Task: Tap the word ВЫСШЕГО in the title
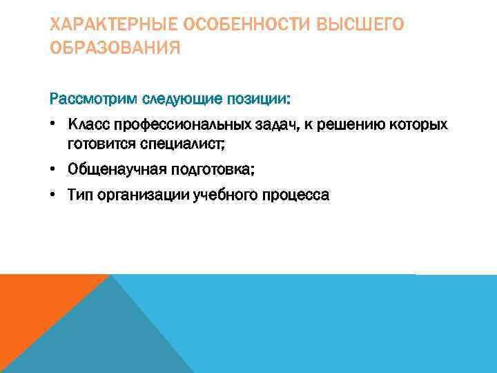coord(362,26)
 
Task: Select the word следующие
coord(182,98)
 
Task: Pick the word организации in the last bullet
coord(135,195)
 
